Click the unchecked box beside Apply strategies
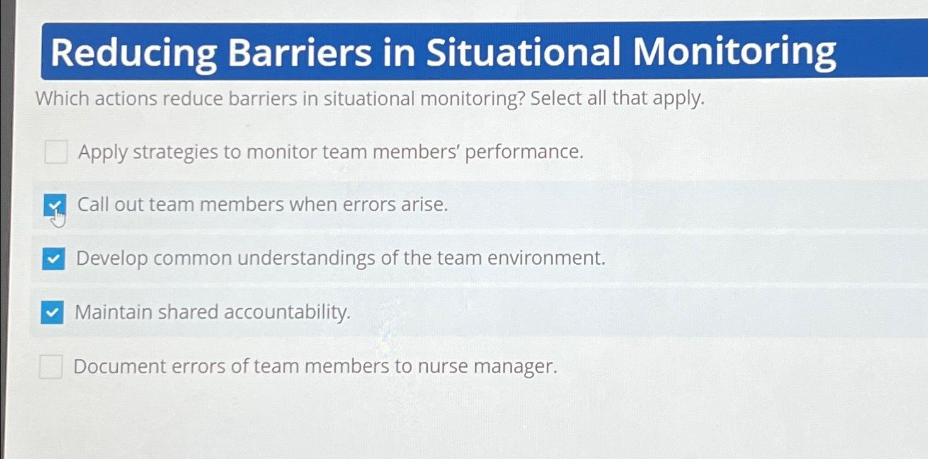coord(56,152)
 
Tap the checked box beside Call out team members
coord(54,205)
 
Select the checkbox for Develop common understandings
coord(54,258)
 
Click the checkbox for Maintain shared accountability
coord(52,312)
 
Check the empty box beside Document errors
coord(51,366)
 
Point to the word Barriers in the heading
coord(300,52)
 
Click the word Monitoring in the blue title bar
coord(734,52)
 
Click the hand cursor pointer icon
coord(59,218)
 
